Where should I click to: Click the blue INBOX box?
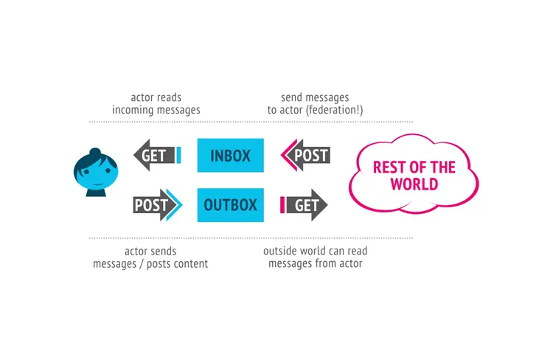tap(230, 156)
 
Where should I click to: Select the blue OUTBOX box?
tap(230, 205)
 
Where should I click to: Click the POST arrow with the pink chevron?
tap(305, 156)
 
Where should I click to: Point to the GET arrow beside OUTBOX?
tap(305, 205)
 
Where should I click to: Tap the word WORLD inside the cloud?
tap(414, 184)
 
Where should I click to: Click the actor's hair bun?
tap(94, 152)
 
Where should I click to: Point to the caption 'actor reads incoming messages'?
tap(156, 104)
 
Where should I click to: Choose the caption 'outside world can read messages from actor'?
tap(316, 257)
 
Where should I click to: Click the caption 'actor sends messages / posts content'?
tap(150, 257)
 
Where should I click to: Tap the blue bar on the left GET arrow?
tap(178, 156)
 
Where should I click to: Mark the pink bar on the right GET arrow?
tap(282, 205)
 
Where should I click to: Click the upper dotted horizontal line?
tap(251, 122)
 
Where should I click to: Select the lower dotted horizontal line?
tap(251, 238)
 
